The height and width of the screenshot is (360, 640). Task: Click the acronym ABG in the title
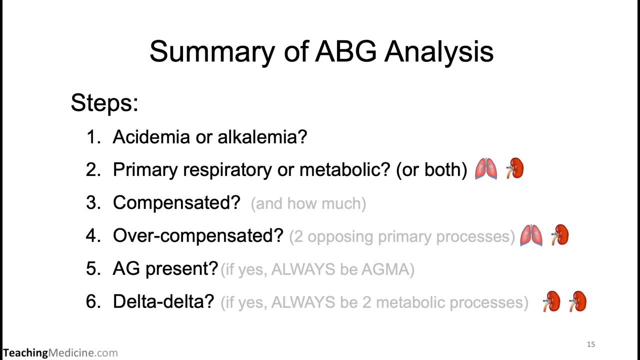(x=345, y=51)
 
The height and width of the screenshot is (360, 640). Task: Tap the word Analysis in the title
(x=438, y=51)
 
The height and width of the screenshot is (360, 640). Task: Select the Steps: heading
(x=104, y=102)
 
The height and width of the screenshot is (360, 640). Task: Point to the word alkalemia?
(x=262, y=137)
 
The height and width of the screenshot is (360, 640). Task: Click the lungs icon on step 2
(x=486, y=169)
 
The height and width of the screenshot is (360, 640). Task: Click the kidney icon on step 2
(x=514, y=168)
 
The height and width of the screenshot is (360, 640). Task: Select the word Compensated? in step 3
(x=176, y=203)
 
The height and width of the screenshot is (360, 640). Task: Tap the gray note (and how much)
(x=308, y=203)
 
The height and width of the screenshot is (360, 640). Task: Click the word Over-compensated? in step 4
(x=198, y=236)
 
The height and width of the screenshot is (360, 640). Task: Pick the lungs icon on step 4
(x=531, y=235)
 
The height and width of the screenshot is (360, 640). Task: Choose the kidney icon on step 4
(x=559, y=235)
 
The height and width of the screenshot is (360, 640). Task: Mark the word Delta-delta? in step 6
(x=163, y=302)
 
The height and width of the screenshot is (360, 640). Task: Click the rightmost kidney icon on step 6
(x=578, y=301)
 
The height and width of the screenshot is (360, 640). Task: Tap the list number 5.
(x=93, y=269)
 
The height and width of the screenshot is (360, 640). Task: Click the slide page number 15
(x=591, y=344)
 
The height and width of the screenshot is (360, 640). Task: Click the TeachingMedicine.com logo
(x=60, y=353)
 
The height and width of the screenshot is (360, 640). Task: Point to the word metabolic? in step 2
(x=344, y=170)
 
